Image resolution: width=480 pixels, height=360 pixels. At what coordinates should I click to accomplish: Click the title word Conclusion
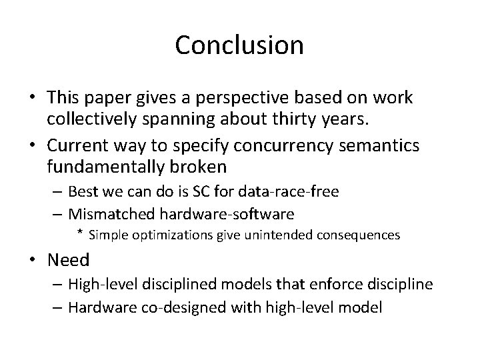239,45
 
